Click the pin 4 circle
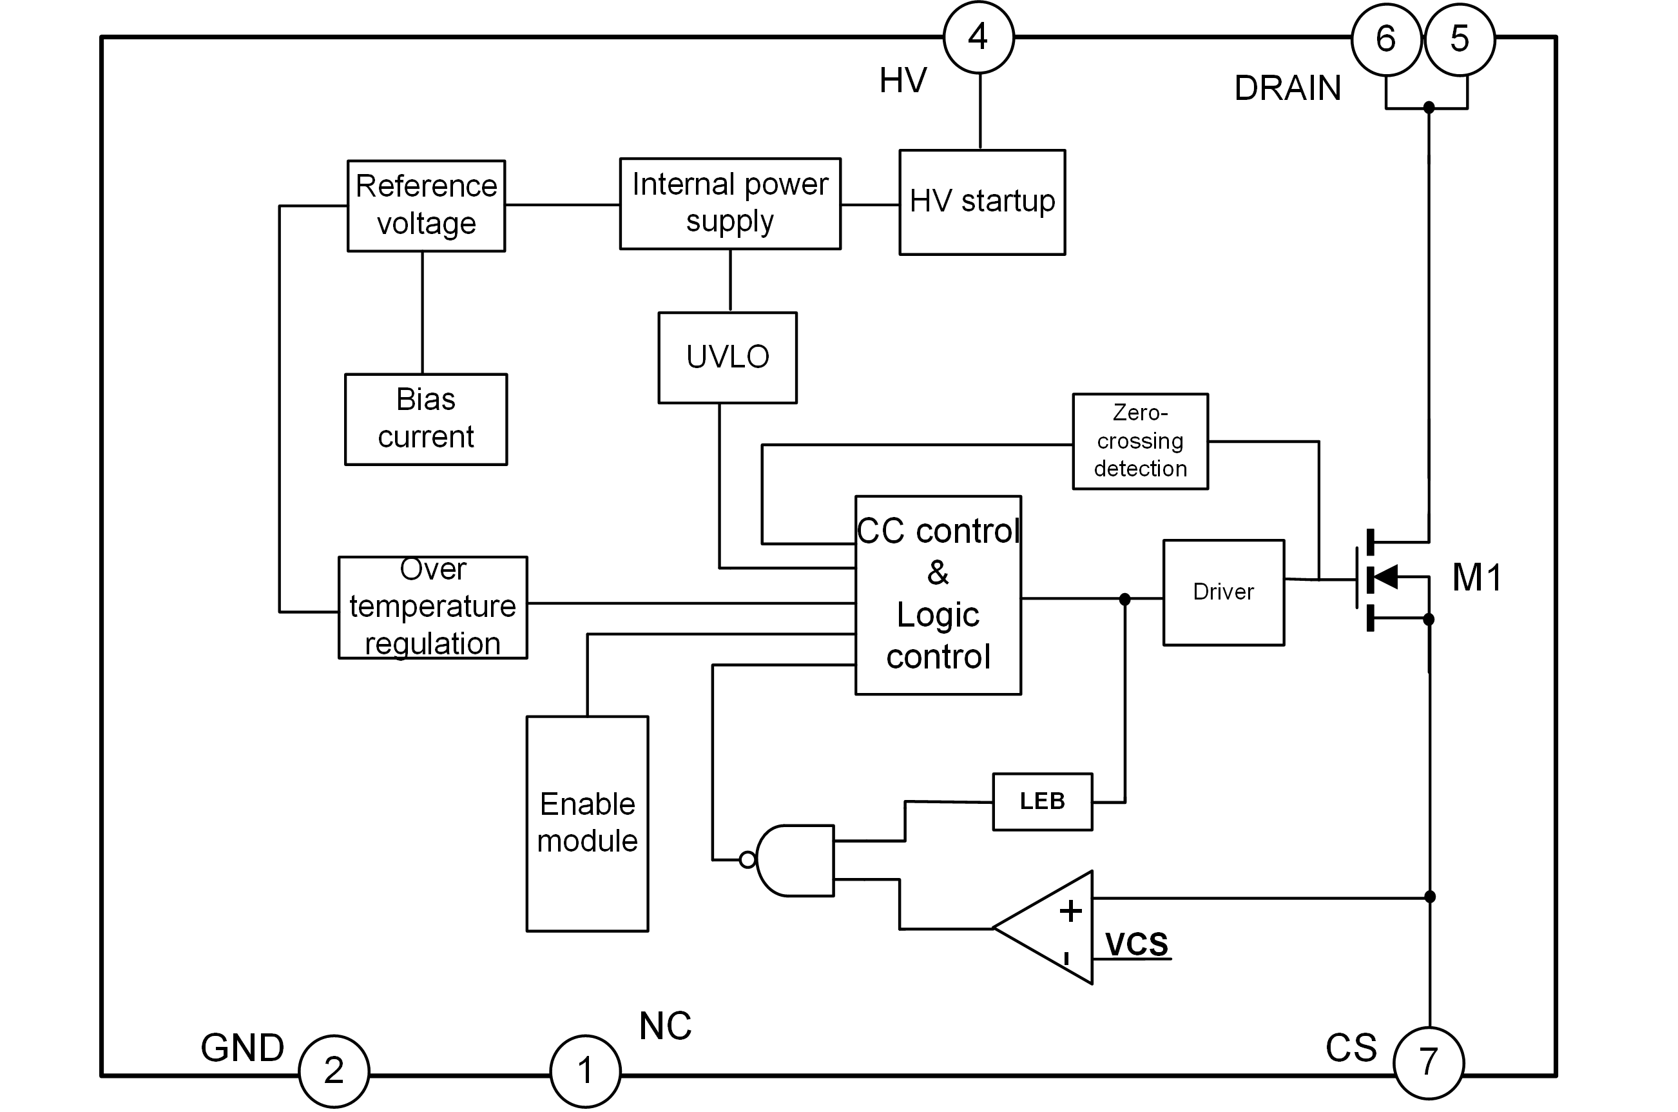coord(978,37)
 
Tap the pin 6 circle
coord(1386,40)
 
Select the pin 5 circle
coord(1460,40)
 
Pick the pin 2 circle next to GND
coord(334,1071)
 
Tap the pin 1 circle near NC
coord(585,1071)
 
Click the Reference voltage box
coord(426,206)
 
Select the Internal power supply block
coord(730,204)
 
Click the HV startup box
coord(982,202)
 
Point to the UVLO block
coord(728,357)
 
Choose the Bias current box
coord(426,419)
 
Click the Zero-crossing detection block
coord(1140,441)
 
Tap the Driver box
coord(1224,592)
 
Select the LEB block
coord(1042,801)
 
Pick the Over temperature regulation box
coord(432,607)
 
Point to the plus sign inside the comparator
coord(1070,912)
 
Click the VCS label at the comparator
coord(1137,944)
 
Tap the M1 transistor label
coord(1477,578)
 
